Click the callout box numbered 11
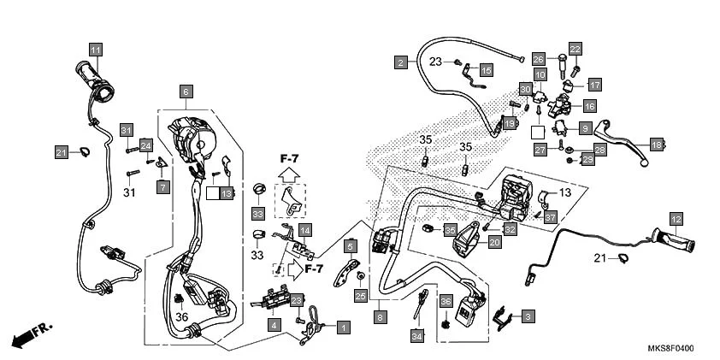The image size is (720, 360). [x=95, y=49]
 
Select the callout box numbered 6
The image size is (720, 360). [x=185, y=91]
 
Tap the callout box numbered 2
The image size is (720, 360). [x=400, y=62]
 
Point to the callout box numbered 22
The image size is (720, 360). [x=575, y=49]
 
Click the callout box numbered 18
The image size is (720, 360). [x=656, y=145]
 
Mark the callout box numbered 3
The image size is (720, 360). [x=528, y=316]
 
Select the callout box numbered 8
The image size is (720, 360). [x=381, y=316]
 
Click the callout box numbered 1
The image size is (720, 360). [x=343, y=327]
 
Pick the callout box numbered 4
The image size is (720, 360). [x=274, y=326]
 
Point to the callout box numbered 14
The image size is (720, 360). [x=304, y=230]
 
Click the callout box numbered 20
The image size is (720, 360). [x=494, y=243]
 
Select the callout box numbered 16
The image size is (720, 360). [x=589, y=106]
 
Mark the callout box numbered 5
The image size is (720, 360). [x=350, y=247]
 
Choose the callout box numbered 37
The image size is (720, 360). [x=550, y=216]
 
